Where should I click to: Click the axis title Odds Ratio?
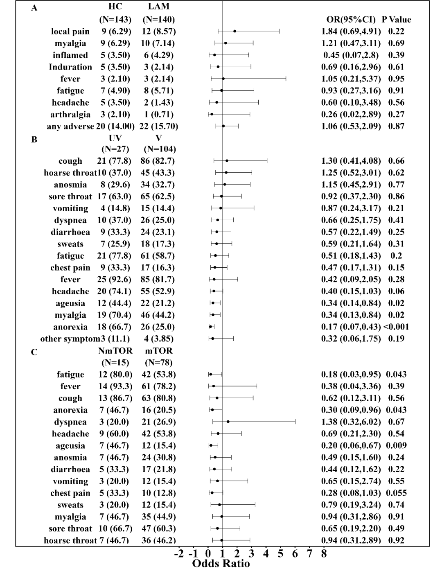click(x=221, y=563)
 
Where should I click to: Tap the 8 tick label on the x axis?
click(x=324, y=554)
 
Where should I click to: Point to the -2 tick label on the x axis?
click(x=179, y=554)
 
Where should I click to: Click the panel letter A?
click(x=34, y=8)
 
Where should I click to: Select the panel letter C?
click(x=34, y=352)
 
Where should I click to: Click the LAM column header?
click(x=158, y=7)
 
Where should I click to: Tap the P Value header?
click(x=396, y=20)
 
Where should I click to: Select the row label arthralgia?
click(x=70, y=115)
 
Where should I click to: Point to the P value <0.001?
click(x=396, y=327)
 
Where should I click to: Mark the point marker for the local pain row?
click(x=235, y=31)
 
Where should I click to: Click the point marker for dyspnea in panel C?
click(x=228, y=422)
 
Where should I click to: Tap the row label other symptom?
click(x=70, y=339)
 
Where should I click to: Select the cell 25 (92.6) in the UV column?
click(x=114, y=280)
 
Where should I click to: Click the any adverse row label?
click(x=70, y=126)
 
